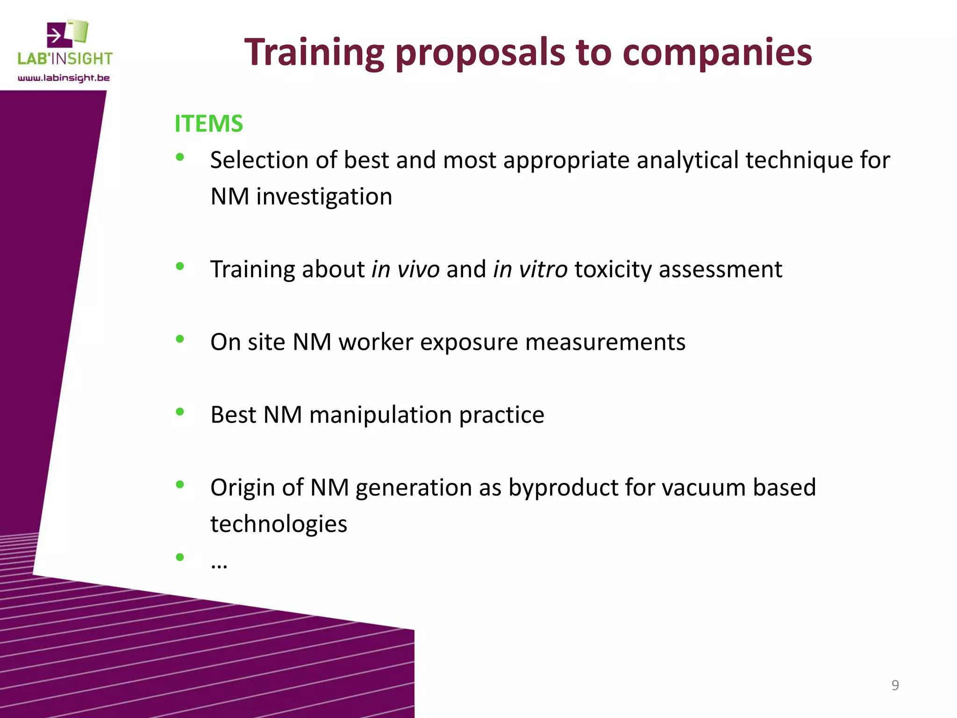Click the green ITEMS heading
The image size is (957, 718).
(208, 124)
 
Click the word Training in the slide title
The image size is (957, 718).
(314, 52)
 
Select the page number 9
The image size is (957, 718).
(895, 685)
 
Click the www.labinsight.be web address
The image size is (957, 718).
(64, 78)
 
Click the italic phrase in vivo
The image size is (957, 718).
(405, 269)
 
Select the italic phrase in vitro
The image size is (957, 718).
(530, 269)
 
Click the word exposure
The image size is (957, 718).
(469, 342)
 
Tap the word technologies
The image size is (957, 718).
(279, 524)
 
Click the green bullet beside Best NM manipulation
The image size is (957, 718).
(180, 412)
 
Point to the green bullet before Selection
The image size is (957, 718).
(180, 158)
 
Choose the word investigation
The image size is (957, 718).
(324, 197)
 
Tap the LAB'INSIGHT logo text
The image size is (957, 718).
(65, 59)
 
